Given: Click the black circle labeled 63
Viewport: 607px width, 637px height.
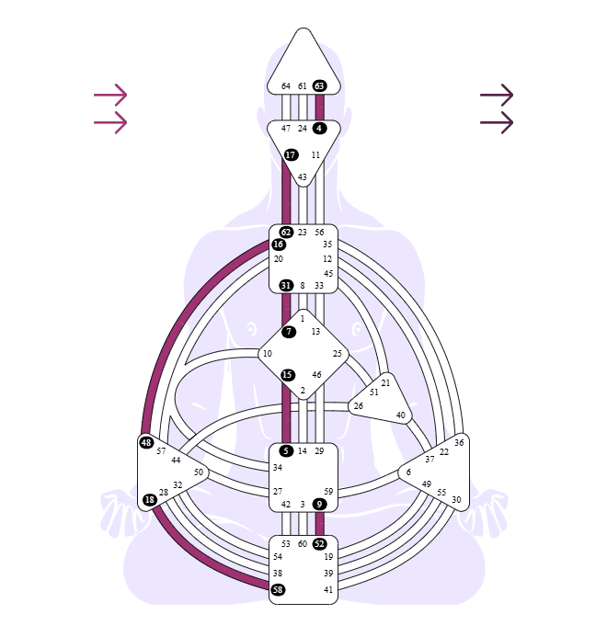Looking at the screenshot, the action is (319, 86).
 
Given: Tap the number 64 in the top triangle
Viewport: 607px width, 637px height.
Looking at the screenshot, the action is (286, 86).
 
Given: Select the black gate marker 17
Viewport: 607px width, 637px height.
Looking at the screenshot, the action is (291, 154).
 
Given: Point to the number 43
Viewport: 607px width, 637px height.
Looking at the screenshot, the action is (302, 177).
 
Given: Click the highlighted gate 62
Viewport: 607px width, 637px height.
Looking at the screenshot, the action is (286, 233).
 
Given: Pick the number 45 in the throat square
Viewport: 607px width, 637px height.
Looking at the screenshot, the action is (328, 273).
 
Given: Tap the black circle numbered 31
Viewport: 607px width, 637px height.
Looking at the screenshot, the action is (286, 286).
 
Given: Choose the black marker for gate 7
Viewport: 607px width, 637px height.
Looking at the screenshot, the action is (289, 332).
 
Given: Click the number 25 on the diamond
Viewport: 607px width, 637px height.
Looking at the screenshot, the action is (337, 354).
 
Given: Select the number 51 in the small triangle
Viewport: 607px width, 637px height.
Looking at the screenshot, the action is (374, 392).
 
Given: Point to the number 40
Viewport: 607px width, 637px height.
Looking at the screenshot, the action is (400, 415).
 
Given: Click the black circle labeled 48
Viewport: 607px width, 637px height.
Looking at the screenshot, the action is (146, 442).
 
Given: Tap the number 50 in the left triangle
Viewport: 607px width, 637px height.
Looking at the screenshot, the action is (199, 472).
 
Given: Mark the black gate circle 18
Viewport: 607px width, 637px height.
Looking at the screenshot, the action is (150, 499).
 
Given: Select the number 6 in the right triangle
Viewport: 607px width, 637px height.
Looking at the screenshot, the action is (408, 472).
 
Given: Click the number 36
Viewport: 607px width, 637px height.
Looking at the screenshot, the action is (459, 443).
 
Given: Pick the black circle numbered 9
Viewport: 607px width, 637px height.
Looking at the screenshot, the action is (319, 504).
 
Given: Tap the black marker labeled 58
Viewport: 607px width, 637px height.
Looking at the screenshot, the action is (278, 589).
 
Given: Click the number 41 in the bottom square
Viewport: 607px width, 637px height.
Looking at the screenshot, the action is (328, 589).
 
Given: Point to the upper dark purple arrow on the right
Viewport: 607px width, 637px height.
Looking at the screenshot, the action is (497, 95).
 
